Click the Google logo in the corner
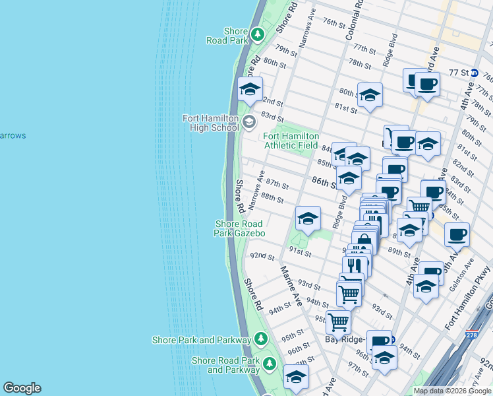tap(22, 388)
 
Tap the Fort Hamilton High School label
tap(210, 123)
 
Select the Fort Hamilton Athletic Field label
tap(291, 140)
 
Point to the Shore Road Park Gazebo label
tap(240, 228)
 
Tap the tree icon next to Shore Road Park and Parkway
tap(269, 363)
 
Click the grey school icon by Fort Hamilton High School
tap(248, 121)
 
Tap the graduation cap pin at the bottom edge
tap(296, 377)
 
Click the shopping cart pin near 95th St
tap(338, 322)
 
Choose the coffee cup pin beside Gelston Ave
tap(457, 234)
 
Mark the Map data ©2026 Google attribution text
tap(452, 391)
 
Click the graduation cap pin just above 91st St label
tap(307, 219)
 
